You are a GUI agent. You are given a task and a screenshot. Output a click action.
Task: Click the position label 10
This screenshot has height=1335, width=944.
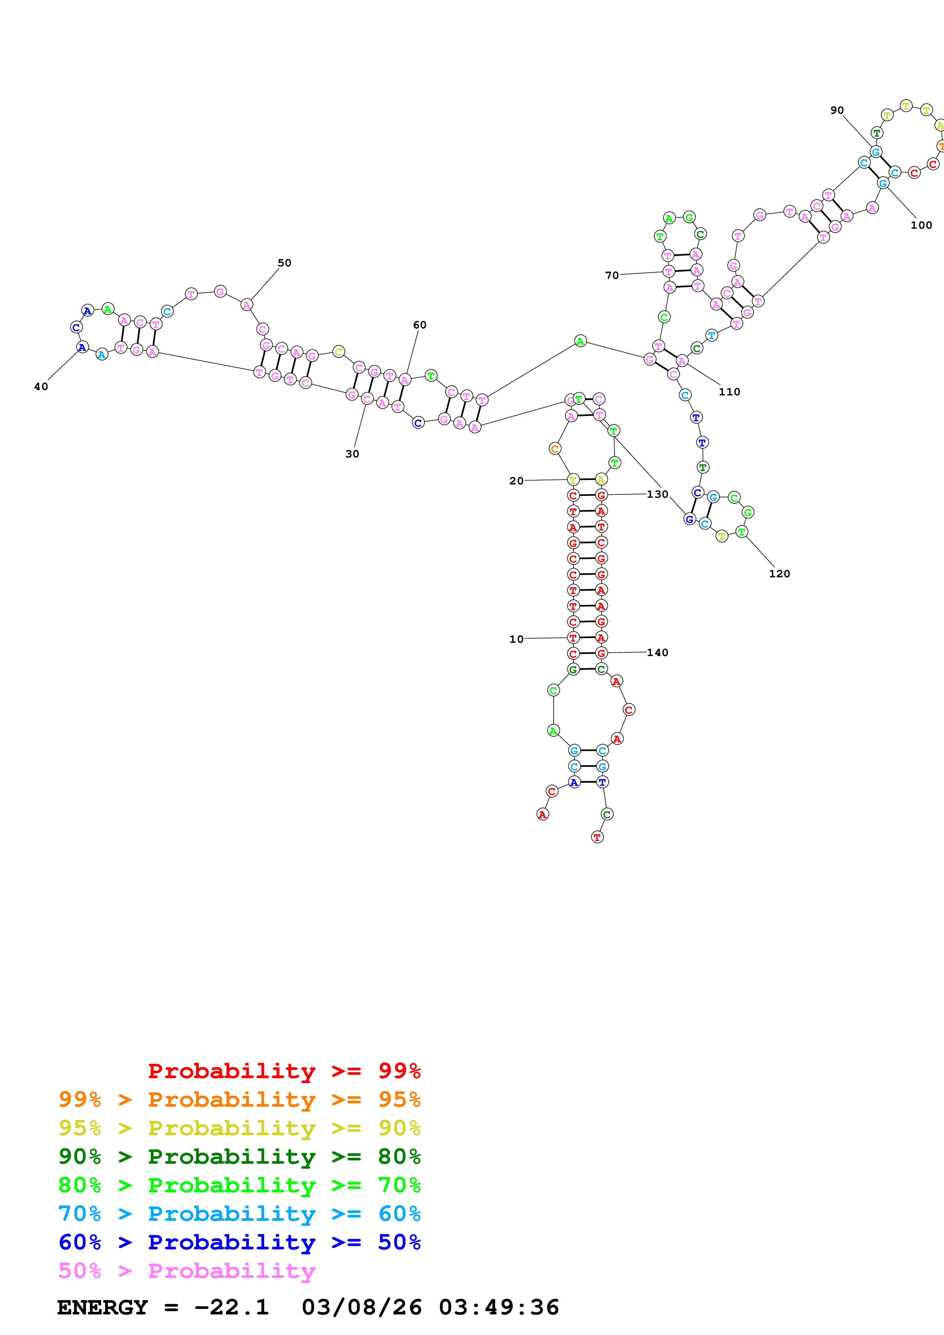coord(516,639)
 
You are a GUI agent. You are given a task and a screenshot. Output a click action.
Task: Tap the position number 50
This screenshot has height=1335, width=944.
coord(284,263)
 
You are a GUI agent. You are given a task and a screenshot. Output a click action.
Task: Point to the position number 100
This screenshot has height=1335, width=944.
coord(921,225)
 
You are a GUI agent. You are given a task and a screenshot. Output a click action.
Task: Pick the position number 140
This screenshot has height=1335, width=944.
coord(657,652)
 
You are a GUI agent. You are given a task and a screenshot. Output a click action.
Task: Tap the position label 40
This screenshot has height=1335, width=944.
coord(41,387)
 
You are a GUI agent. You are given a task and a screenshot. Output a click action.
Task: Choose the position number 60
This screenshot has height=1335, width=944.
coord(419,325)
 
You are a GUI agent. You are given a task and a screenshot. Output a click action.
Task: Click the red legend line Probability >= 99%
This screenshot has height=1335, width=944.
coord(284,1071)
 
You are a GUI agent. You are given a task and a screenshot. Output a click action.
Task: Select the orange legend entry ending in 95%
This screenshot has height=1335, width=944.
coord(239,1099)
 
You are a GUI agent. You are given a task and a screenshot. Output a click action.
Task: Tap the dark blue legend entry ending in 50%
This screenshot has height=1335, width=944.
coord(239,1242)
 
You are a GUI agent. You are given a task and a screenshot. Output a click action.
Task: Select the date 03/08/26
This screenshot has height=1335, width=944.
coord(361,1308)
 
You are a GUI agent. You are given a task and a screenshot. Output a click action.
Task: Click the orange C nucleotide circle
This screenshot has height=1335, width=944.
coord(554,448)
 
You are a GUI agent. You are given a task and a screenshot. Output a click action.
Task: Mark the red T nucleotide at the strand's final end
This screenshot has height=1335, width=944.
coord(597,837)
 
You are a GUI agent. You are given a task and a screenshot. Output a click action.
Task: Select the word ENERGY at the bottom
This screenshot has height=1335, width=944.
coord(102,1308)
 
